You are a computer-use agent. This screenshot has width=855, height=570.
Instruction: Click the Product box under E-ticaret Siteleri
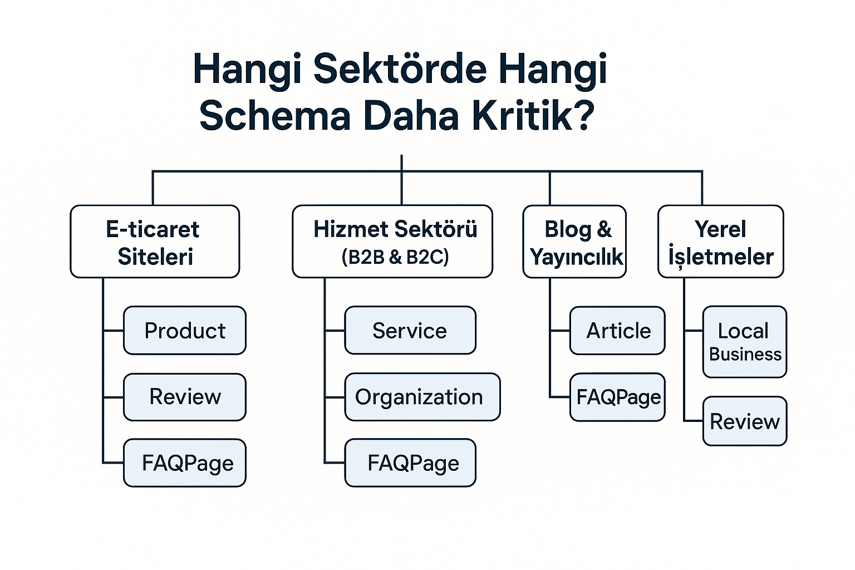pyautogui.click(x=184, y=331)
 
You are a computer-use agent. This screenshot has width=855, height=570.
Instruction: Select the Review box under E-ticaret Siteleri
pyautogui.click(x=184, y=397)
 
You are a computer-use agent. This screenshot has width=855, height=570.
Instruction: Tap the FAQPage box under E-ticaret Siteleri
pyautogui.click(x=184, y=463)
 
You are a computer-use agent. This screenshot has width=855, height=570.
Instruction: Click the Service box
pyautogui.click(x=410, y=331)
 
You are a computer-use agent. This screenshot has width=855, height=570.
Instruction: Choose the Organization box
pyautogui.click(x=422, y=397)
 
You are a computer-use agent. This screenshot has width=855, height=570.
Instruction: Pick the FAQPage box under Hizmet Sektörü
pyautogui.click(x=410, y=463)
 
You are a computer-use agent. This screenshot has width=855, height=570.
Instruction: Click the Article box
pyautogui.click(x=617, y=331)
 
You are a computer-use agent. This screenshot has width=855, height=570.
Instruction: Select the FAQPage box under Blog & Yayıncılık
pyautogui.click(x=617, y=397)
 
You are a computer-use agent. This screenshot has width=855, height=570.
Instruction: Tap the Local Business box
pyautogui.click(x=744, y=342)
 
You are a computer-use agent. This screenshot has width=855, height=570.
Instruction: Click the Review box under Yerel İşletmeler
pyautogui.click(x=744, y=421)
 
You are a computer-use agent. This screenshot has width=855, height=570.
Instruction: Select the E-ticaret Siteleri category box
pyautogui.click(x=155, y=242)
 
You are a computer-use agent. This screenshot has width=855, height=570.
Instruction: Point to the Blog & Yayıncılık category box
pyautogui.click(x=574, y=242)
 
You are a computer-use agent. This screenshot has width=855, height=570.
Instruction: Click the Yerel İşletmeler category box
pyautogui.click(x=720, y=242)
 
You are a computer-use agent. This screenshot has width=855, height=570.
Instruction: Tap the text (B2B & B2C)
pyautogui.click(x=395, y=257)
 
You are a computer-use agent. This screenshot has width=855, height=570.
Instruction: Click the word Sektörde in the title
pyautogui.click(x=400, y=69)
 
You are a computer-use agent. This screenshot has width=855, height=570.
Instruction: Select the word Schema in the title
pyautogui.click(x=275, y=116)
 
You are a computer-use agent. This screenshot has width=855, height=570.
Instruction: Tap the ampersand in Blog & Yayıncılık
pyautogui.click(x=604, y=229)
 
